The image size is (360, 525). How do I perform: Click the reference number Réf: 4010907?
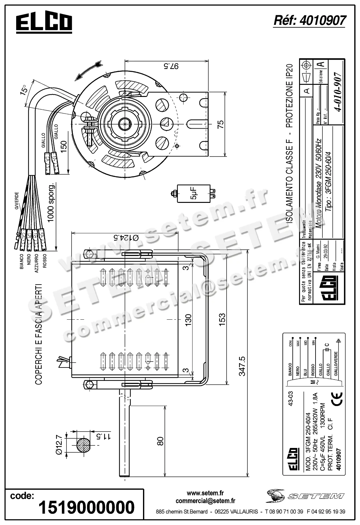(309, 21)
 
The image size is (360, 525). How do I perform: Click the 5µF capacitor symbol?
(194, 194)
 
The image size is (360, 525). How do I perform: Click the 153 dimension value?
(222, 319)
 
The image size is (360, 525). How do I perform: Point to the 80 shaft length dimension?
(160, 441)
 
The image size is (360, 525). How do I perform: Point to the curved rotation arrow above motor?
(88, 70)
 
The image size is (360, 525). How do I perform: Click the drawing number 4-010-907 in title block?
(337, 92)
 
